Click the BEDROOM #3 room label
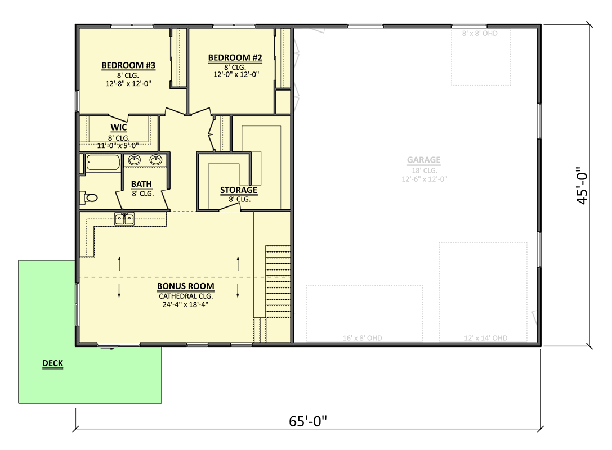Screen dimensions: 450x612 (128, 66)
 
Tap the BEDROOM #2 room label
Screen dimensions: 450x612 (235, 57)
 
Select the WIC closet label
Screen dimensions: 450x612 (118, 128)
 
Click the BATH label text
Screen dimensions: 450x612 (142, 184)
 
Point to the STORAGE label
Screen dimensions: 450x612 (238, 190)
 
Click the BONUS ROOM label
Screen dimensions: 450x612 (185, 286)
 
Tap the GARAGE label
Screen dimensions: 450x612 (423, 160)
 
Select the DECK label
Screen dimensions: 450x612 (52, 364)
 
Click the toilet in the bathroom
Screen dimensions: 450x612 (90, 197)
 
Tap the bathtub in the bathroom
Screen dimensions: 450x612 (102, 164)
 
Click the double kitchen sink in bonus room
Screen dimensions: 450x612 (124, 219)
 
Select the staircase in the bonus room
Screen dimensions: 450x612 (277, 281)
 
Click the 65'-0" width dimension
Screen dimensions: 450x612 (307, 422)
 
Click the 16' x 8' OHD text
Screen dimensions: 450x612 (363, 338)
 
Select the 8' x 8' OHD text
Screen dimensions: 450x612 (480, 34)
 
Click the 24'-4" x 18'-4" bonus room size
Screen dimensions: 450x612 (185, 305)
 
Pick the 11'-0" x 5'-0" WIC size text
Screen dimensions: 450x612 (118, 145)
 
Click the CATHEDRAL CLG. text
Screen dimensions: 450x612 (185, 296)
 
